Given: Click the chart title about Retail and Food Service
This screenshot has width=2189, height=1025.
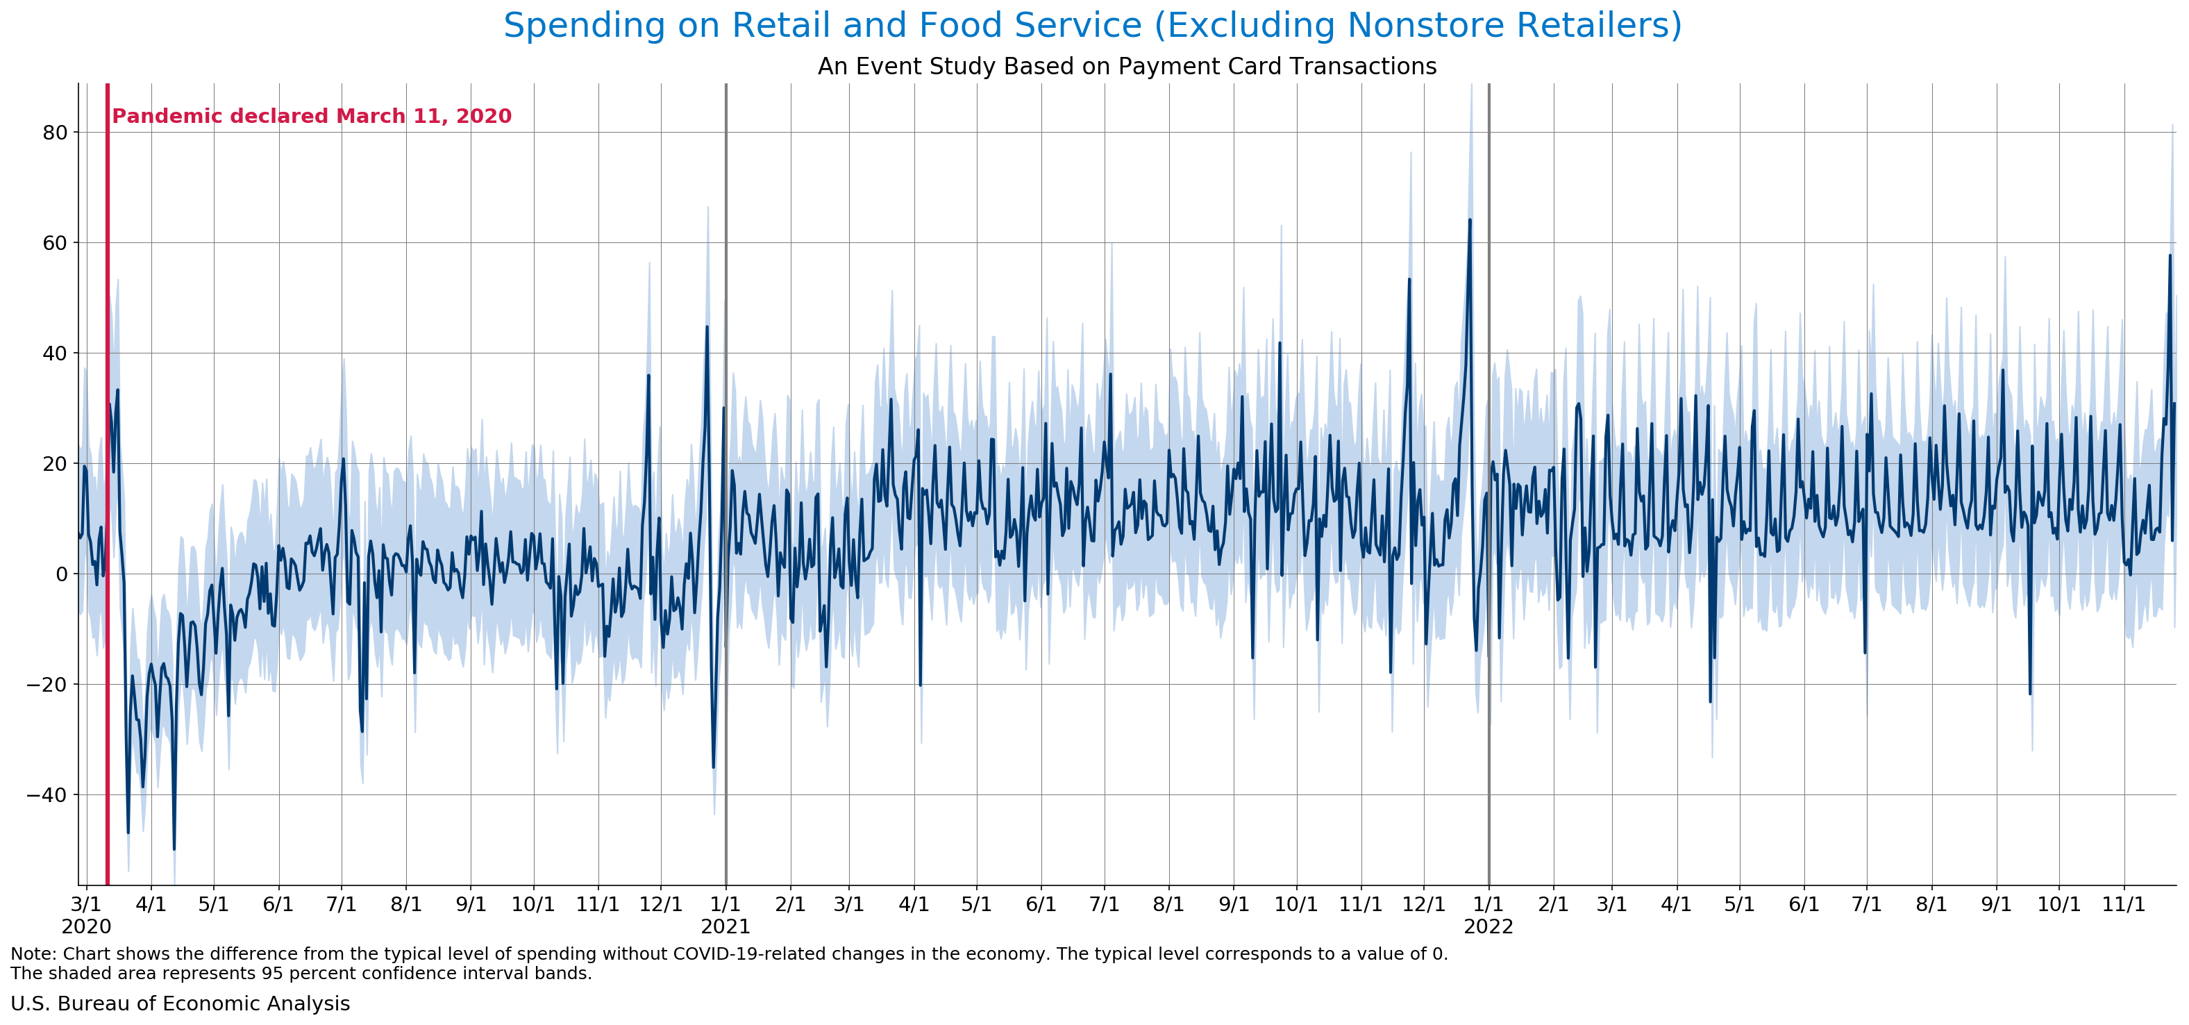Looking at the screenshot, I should (1092, 26).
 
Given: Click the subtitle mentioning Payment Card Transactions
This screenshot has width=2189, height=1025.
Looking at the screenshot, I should (1127, 66).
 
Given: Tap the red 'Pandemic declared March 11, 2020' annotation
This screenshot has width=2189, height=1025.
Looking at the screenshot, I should (312, 117).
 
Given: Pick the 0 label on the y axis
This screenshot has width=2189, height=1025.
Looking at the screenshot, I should (61, 574).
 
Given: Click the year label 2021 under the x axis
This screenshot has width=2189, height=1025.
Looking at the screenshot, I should (725, 926).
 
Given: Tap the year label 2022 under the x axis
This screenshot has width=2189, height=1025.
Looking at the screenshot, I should (1488, 926).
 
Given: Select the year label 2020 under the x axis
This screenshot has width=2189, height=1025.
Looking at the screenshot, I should (86, 926).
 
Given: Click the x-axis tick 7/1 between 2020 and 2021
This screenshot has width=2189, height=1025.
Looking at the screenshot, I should (341, 904).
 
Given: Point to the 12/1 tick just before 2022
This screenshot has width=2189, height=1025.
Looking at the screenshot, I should (1423, 904).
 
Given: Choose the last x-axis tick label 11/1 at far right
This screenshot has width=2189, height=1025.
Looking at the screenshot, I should (2124, 904).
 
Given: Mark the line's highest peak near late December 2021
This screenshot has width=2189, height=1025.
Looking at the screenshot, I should (1469, 220).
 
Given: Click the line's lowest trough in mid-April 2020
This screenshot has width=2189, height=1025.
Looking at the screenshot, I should (174, 848).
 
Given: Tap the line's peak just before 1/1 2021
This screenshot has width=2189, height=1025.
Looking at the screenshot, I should (706, 327).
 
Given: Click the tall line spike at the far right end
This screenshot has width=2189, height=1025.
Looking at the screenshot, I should (2170, 256).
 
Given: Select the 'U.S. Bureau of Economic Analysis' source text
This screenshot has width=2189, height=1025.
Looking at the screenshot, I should (180, 1003).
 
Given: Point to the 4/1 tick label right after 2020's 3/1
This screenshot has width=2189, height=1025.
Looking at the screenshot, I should (151, 904).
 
